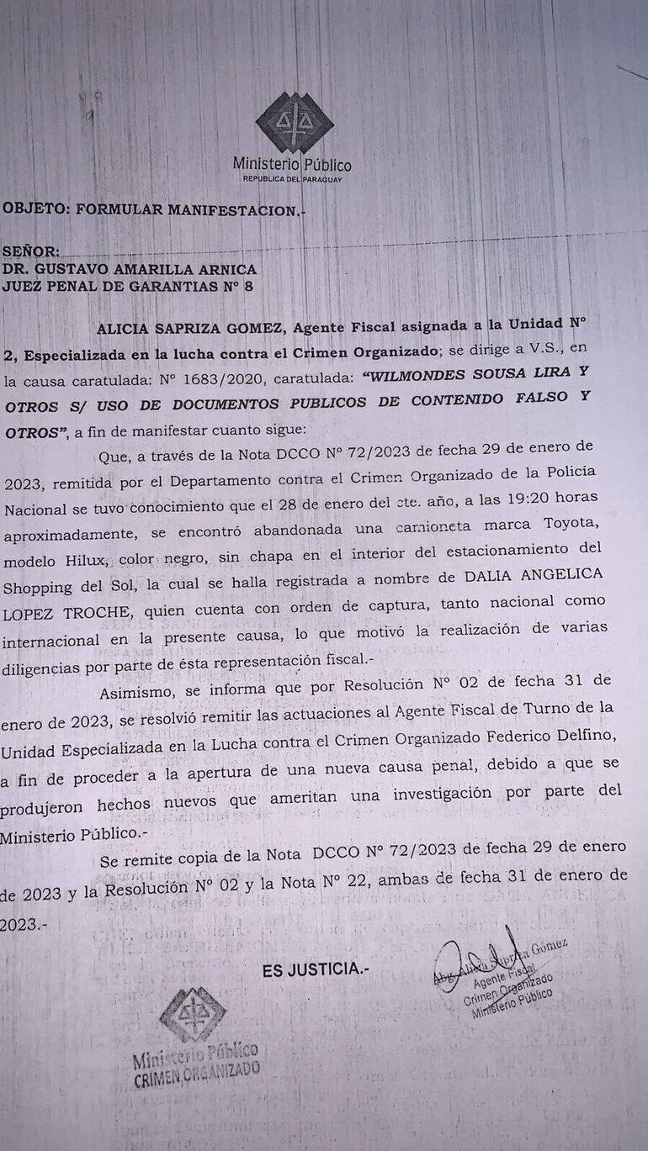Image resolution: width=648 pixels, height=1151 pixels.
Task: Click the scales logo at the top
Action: click(x=294, y=123)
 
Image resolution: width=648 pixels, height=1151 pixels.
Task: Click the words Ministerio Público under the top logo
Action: click(x=292, y=165)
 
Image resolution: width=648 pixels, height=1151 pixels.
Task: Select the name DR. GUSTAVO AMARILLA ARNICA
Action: click(x=129, y=269)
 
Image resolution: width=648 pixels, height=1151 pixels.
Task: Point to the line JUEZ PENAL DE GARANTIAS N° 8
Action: click(x=127, y=286)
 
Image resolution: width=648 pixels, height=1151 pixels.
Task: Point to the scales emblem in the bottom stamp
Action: click(x=193, y=1014)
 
